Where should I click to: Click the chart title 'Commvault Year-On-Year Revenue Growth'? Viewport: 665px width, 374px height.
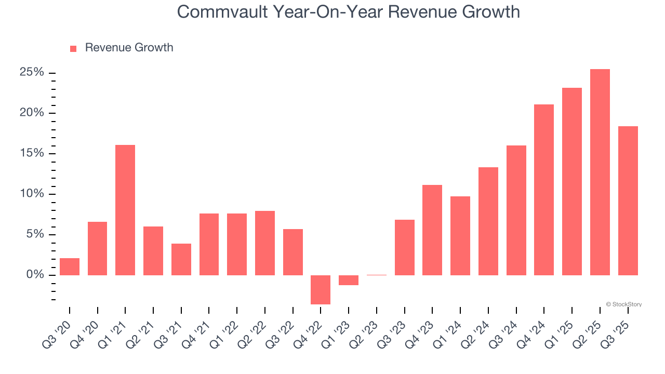[348, 11]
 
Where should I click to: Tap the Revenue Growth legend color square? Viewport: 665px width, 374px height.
[73, 48]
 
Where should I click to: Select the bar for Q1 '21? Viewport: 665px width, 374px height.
[125, 210]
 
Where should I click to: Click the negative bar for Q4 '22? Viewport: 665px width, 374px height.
[321, 289]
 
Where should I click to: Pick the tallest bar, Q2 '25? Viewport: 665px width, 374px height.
[600, 172]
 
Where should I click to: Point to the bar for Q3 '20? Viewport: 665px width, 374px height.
[70, 266]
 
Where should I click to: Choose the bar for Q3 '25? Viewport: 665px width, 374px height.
[628, 201]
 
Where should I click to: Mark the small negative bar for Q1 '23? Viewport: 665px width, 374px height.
[349, 280]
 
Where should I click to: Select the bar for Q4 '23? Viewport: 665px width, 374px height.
[432, 230]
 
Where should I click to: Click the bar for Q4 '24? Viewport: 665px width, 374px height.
[544, 190]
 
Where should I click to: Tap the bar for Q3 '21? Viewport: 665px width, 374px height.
[181, 259]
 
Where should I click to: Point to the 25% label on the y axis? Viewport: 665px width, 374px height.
[32, 72]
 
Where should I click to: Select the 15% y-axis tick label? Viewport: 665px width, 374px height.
[32, 153]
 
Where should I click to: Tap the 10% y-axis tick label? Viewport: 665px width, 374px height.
[32, 194]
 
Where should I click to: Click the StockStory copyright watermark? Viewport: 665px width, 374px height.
[623, 304]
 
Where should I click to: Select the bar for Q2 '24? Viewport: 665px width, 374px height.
[488, 221]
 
